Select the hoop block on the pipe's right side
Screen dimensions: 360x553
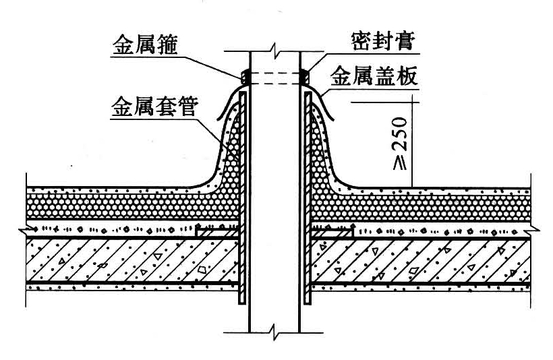pyautogui.click(x=305, y=77)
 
